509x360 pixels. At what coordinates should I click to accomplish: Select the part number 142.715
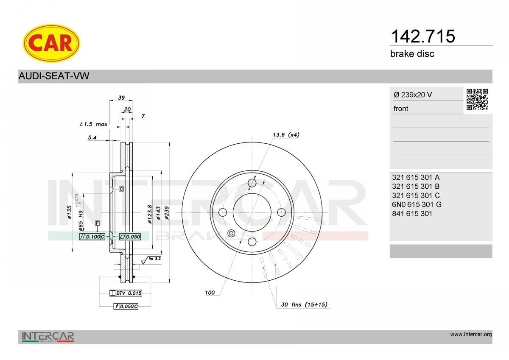click(422, 36)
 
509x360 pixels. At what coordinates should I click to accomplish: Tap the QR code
click(477, 99)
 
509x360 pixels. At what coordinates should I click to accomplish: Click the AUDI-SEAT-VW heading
click(54, 76)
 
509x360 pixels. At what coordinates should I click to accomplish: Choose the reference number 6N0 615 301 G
click(417, 204)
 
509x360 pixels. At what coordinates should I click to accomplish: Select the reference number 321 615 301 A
click(416, 177)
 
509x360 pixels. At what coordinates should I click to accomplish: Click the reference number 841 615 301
click(412, 214)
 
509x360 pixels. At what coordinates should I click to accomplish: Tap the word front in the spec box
click(401, 109)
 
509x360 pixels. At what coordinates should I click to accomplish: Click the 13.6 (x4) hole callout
click(285, 135)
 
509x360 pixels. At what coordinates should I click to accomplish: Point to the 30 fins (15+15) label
click(304, 304)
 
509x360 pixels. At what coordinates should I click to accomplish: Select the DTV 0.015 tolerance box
click(126, 293)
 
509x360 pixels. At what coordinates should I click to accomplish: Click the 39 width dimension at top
click(121, 98)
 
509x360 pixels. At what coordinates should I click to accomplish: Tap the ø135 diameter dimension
click(69, 212)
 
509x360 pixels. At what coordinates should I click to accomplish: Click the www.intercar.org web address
click(471, 335)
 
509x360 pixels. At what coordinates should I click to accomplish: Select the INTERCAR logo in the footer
click(48, 337)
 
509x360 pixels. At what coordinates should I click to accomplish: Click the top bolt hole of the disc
click(252, 183)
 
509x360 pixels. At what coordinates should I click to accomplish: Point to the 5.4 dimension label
click(92, 137)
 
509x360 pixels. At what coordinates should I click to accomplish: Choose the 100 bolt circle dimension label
click(210, 293)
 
